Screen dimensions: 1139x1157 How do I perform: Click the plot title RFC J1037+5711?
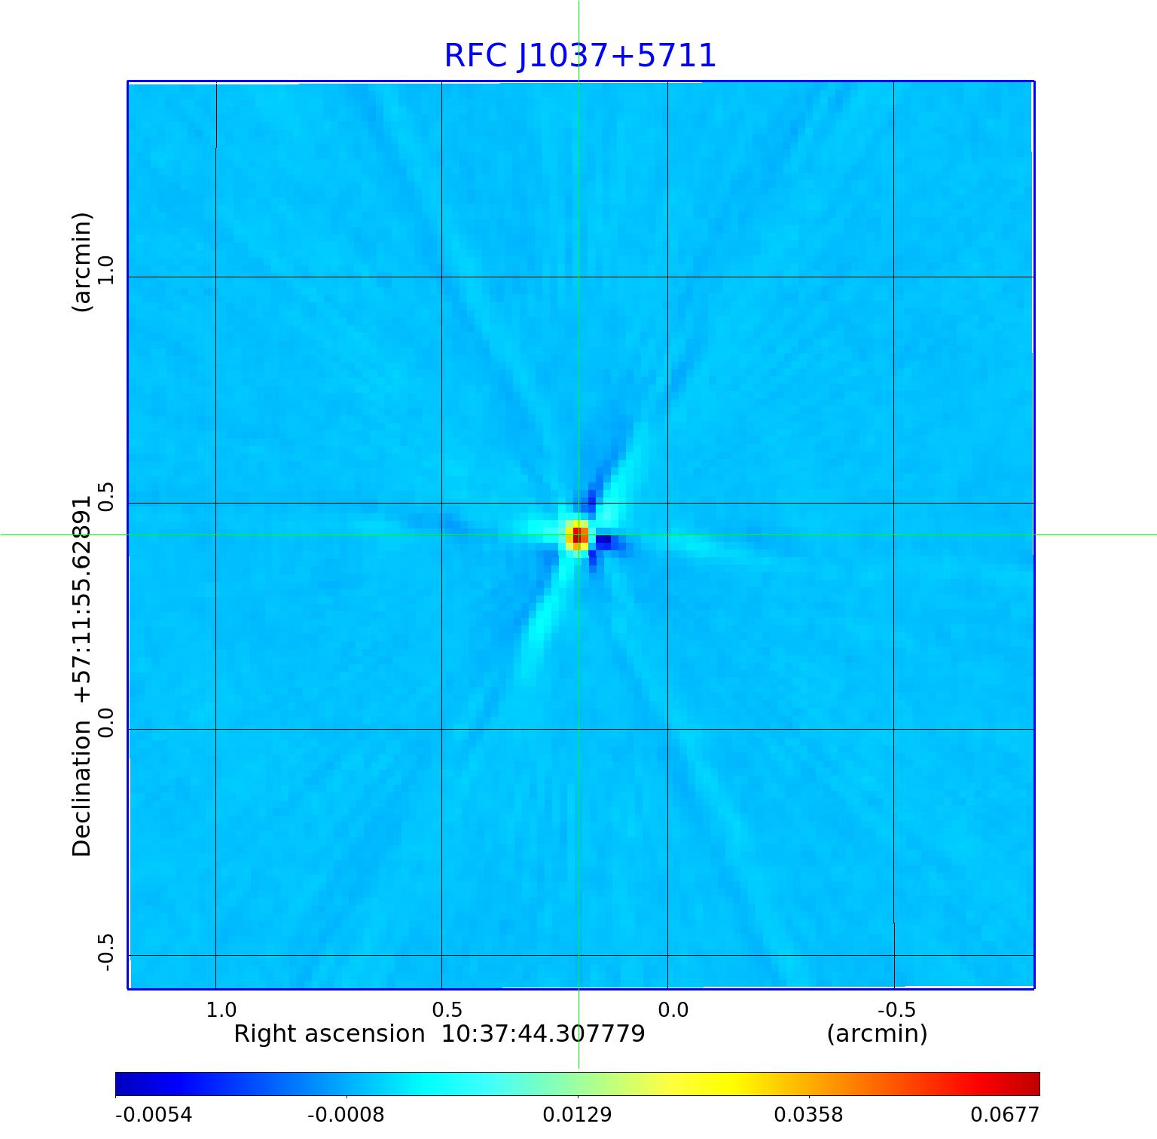tap(579, 56)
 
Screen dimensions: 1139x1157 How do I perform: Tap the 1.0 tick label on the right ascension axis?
tap(221, 1009)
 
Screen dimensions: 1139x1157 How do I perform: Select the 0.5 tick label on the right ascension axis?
tap(447, 1009)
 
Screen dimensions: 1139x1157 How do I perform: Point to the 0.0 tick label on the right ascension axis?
tap(673, 1009)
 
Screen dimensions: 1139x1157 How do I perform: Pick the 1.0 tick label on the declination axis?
tap(104, 271)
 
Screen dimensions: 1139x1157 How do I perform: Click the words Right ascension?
tap(329, 1033)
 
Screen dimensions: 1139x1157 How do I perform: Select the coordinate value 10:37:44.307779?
tap(542, 1033)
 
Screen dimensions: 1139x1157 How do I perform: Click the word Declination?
tap(81, 788)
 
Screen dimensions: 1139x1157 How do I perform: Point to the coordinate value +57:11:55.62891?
tap(81, 599)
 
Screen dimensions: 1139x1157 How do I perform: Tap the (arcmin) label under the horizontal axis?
tap(877, 1033)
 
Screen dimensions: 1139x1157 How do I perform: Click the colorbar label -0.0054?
tap(154, 1115)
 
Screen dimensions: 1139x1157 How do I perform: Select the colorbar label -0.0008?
tap(346, 1115)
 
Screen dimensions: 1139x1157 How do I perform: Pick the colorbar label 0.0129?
tap(578, 1115)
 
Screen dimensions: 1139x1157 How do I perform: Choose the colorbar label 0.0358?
tap(809, 1115)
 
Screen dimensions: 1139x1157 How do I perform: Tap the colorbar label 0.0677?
tap(1004, 1115)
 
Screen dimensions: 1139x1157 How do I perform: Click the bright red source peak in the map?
tap(577, 535)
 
